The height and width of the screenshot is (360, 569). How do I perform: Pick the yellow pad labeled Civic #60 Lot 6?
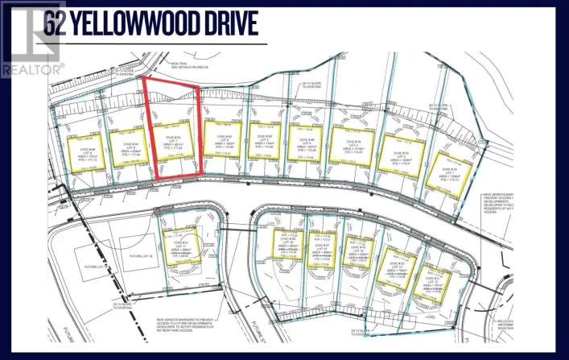(221, 142)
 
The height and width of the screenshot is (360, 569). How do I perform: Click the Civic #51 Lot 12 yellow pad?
(435, 282)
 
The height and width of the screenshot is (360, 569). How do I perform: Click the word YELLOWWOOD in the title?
(148, 26)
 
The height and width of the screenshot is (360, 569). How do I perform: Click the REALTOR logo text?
(32, 70)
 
